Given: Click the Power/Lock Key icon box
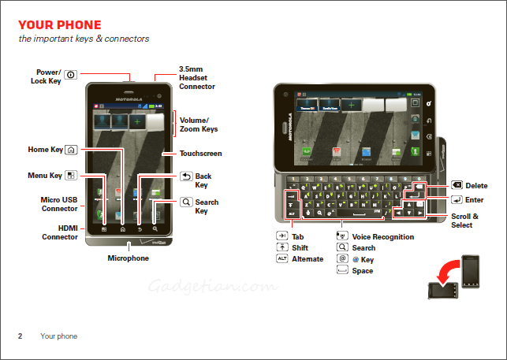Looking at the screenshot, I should [x=70, y=75].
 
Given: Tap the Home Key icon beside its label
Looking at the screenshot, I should [x=72, y=149].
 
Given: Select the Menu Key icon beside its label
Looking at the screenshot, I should [x=72, y=176].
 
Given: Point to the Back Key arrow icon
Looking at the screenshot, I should [x=186, y=176].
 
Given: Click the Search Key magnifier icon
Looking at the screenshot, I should [x=186, y=202].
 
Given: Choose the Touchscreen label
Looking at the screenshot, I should [x=200, y=154].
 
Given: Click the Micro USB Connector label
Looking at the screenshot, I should [x=59, y=204].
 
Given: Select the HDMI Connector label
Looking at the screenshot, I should [x=59, y=232].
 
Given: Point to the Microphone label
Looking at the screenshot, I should [x=128, y=258].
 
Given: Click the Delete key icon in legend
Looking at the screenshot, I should [x=457, y=186].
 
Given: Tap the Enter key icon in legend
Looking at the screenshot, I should [x=457, y=200].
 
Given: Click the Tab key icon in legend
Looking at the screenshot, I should [x=281, y=236].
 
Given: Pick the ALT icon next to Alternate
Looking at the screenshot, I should [x=281, y=258].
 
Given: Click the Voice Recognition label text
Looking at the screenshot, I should [x=382, y=236].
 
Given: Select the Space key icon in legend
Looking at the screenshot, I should [x=342, y=270].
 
